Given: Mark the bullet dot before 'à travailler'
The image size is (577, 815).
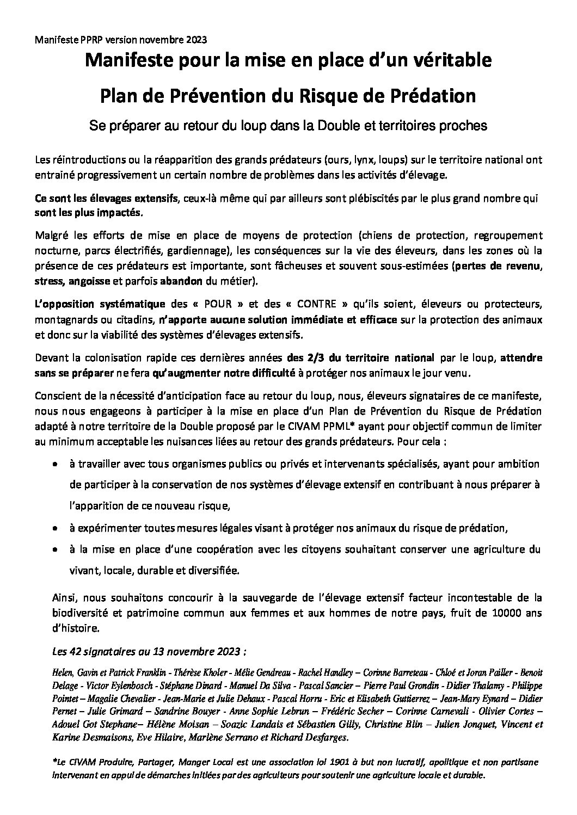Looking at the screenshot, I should click(x=55, y=465).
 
